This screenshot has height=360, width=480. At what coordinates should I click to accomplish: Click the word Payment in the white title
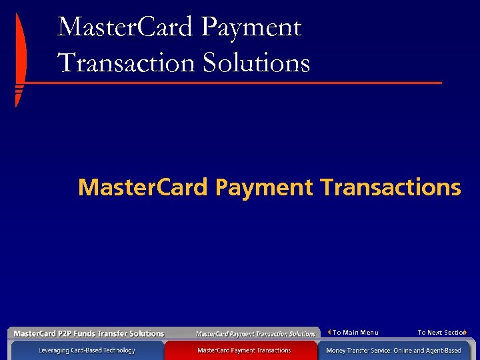coord(251,28)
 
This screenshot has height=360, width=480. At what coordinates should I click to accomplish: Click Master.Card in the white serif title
coord(126,28)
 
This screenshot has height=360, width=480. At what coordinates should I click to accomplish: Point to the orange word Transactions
coord(390,187)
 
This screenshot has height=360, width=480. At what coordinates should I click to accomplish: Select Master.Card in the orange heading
coord(143,187)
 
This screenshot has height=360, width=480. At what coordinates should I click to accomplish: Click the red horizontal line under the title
coord(233,83)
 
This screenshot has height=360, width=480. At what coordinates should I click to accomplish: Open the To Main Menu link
coord(355,333)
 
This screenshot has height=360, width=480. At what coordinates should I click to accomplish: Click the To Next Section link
coord(441,333)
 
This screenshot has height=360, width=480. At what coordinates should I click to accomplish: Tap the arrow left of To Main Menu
coord(329,332)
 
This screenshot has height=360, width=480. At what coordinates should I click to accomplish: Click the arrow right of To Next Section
coord(465,332)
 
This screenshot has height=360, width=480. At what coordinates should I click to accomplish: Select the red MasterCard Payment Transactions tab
coord(244,350)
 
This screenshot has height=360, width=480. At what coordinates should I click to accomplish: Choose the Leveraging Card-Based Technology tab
coord(87,350)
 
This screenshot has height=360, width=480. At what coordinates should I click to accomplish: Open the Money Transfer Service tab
coord(393,350)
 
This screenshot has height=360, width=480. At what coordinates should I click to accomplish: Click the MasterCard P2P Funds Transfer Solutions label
coord(89,333)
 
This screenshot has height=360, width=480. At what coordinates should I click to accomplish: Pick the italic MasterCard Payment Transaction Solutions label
coord(255,333)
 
